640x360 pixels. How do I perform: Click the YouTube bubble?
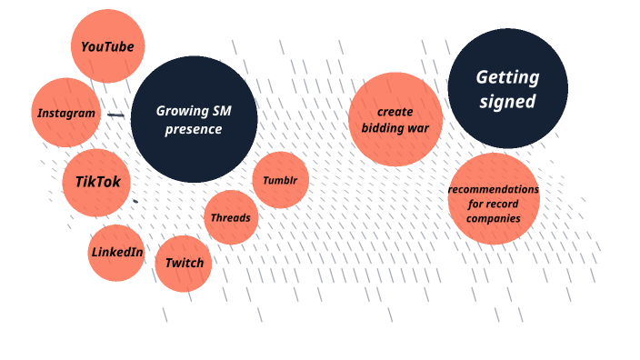[107, 46]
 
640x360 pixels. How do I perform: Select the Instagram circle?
[65, 113]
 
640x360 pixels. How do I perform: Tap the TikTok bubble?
[96, 182]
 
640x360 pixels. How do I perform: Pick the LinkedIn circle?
[116, 252]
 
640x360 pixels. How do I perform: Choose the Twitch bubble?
[185, 264]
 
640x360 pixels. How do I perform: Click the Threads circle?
[231, 218]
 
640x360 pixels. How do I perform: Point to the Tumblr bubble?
[280, 180]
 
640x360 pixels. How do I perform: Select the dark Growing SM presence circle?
[194, 119]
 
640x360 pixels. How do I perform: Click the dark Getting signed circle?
[507, 88]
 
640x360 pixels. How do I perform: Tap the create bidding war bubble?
[395, 119]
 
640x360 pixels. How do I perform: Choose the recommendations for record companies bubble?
[494, 199]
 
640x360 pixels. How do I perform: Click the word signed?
[507, 102]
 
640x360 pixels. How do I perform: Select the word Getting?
[507, 77]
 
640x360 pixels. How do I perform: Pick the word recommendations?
[494, 189]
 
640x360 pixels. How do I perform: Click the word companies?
[495, 218]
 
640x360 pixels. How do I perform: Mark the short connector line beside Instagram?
[115, 115]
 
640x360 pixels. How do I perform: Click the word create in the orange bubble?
[395, 111]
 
